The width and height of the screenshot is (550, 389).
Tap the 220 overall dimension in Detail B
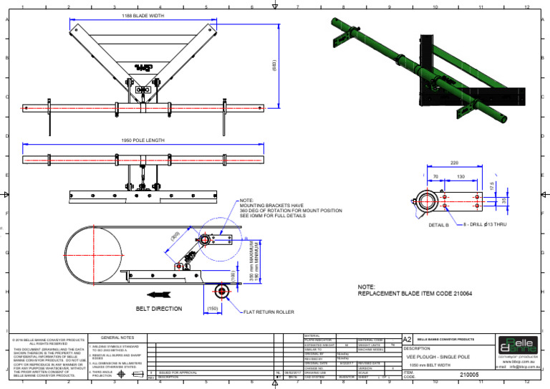point(455,163)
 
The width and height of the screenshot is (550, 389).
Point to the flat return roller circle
point(221,290)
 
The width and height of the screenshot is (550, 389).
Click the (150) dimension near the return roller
point(212,309)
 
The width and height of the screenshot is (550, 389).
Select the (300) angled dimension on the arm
point(175,236)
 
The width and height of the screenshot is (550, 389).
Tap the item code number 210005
point(469,374)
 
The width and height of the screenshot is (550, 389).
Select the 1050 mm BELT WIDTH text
point(430,365)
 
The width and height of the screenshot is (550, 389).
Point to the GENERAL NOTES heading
point(117,337)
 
